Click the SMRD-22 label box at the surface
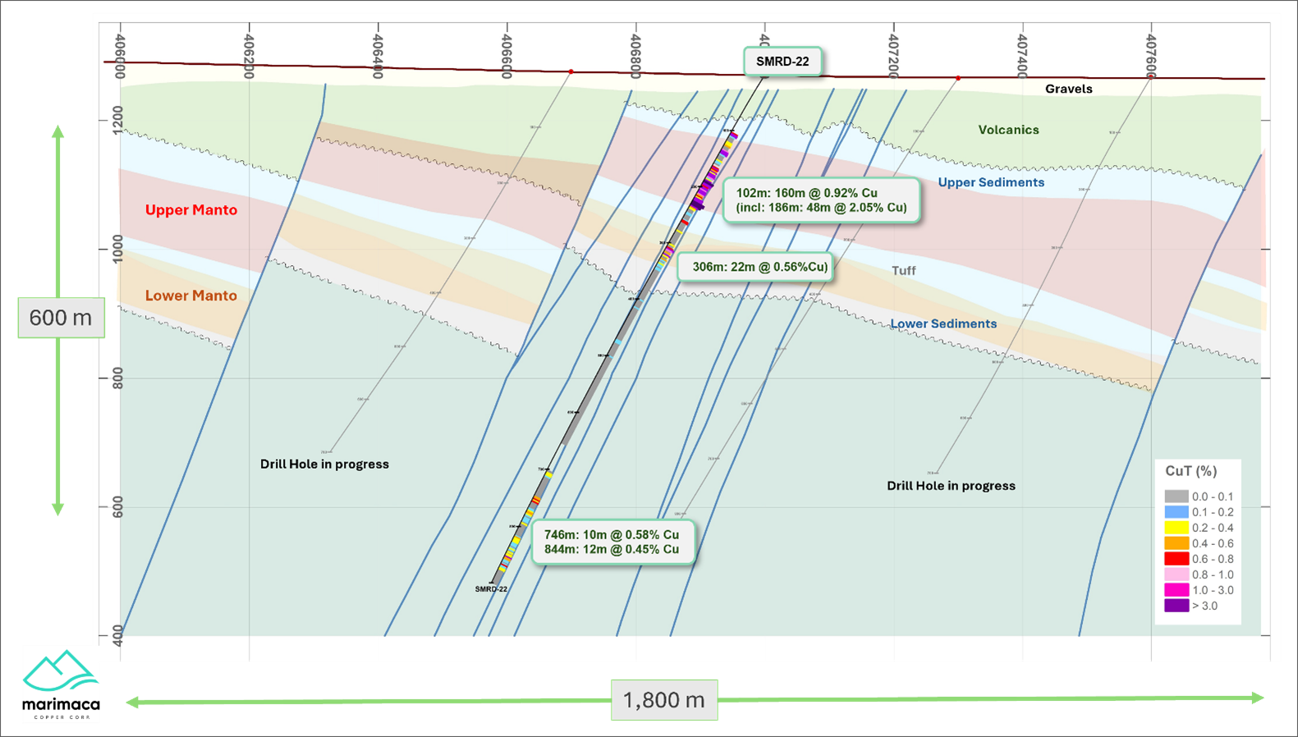[782, 62]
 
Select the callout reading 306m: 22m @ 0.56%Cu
[759, 267]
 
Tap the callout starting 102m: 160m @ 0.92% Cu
[821, 200]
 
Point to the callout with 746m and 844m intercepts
[612, 542]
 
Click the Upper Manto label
[191, 210]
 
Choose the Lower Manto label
[191, 295]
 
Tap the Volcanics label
[1008, 130]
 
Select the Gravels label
[1068, 89]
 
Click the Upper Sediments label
[991, 182]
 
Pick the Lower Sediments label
[943, 324]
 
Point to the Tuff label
[903, 271]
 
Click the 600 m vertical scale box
[61, 318]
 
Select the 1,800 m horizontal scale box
[663, 700]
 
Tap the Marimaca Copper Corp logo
[61, 684]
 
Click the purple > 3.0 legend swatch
[1176, 606]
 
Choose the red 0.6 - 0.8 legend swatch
[1176, 559]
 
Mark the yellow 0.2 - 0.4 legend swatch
[1176, 528]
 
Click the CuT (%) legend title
[1190, 471]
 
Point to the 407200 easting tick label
[893, 55]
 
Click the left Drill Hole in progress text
[324, 465]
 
